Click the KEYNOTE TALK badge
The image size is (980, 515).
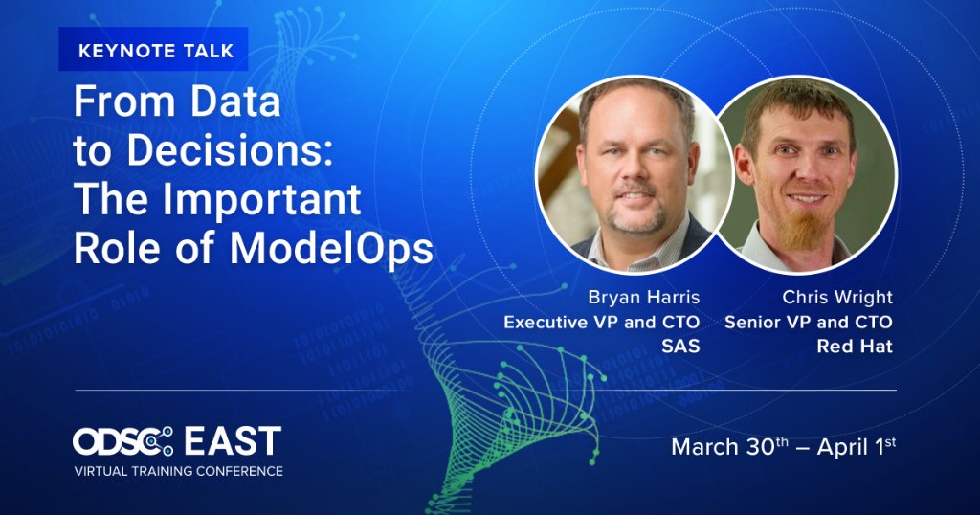(x=153, y=50)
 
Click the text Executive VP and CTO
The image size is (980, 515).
(x=602, y=322)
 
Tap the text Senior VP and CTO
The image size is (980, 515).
(x=809, y=322)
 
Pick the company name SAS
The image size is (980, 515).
(x=680, y=347)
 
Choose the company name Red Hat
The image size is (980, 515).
(x=855, y=347)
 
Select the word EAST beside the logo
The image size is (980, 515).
(x=233, y=441)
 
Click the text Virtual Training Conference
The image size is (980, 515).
(x=179, y=471)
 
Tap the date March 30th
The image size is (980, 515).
(x=733, y=446)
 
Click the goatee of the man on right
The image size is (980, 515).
(x=802, y=227)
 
